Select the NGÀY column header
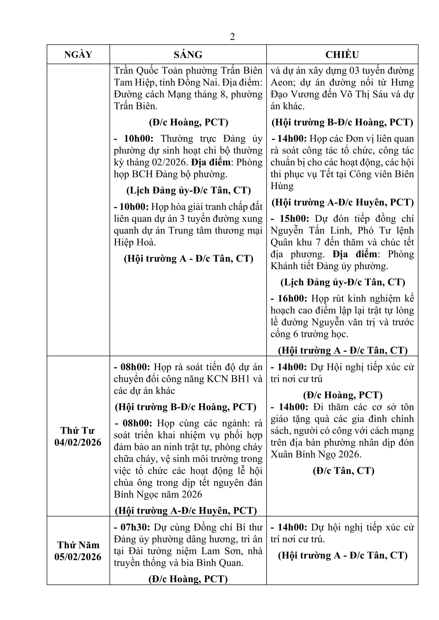pos(78,55)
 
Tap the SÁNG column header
pos(188,55)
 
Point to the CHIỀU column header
pos(342,55)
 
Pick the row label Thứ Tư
pos(78,430)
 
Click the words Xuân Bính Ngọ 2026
pos(316,454)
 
